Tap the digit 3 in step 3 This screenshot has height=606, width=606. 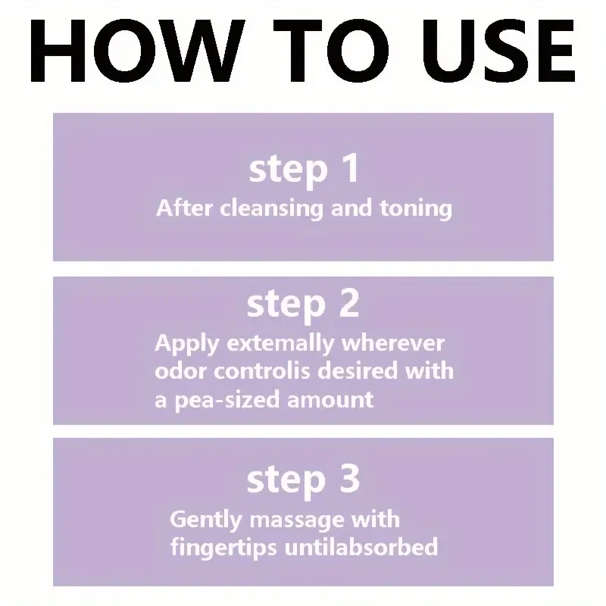pyautogui.click(x=348, y=479)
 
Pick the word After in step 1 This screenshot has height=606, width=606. pyautogui.click(x=185, y=208)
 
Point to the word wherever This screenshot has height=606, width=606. pyautogui.click(x=392, y=343)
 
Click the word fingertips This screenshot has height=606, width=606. pyautogui.click(x=223, y=547)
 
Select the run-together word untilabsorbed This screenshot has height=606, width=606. pyautogui.click(x=361, y=546)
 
